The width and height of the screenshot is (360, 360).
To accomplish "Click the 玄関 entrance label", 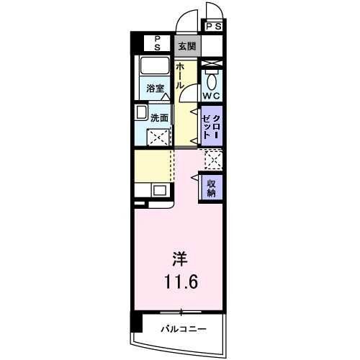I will (x=186, y=45).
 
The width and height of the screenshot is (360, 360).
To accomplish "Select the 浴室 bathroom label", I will (x=156, y=90).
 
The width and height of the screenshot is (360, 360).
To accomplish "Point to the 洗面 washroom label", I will (x=159, y=117).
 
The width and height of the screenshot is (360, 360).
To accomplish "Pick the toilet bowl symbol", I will (x=212, y=80).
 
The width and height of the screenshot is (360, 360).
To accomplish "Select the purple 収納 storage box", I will (x=212, y=189).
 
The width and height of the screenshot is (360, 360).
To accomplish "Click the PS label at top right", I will (x=213, y=27).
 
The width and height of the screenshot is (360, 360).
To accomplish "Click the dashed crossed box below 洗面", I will (x=158, y=138).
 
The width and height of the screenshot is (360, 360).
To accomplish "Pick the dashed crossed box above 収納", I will (x=212, y=158).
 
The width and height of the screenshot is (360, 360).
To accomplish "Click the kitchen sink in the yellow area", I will (x=160, y=192).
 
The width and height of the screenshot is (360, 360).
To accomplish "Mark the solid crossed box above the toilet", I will (x=212, y=65).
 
